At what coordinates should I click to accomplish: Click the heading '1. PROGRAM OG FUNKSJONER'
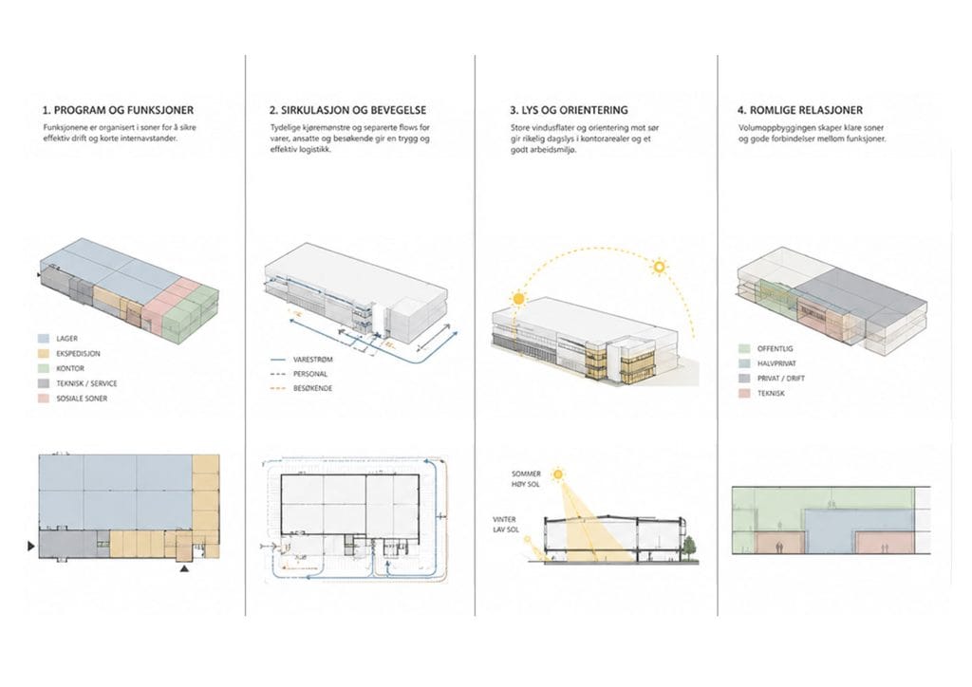coord(118,110)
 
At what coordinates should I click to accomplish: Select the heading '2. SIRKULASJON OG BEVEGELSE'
coord(347,110)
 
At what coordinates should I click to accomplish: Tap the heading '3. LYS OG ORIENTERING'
coord(570,110)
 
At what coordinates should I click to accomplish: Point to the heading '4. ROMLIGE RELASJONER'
coord(799,110)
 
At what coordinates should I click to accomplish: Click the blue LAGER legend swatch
coord(44,339)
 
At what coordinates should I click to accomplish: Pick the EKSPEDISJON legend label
coord(78,354)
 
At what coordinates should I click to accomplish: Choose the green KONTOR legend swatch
coord(44,368)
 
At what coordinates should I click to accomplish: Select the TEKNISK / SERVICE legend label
coord(86,383)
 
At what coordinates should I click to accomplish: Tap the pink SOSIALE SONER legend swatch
coord(44,399)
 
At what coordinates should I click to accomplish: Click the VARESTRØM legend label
coord(313,360)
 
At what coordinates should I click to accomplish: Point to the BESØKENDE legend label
coord(313,388)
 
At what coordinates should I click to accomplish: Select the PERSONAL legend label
coord(310,374)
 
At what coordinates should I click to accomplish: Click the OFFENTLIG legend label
coord(775,349)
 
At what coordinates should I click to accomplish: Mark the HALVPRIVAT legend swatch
coord(744,363)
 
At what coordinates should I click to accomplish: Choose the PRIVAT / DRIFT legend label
coord(781,378)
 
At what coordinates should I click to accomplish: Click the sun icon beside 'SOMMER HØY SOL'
coord(558,475)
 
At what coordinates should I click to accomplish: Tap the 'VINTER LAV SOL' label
coord(505,525)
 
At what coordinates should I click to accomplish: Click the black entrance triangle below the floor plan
coord(184,567)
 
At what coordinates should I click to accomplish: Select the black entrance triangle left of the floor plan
coord(31,546)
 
